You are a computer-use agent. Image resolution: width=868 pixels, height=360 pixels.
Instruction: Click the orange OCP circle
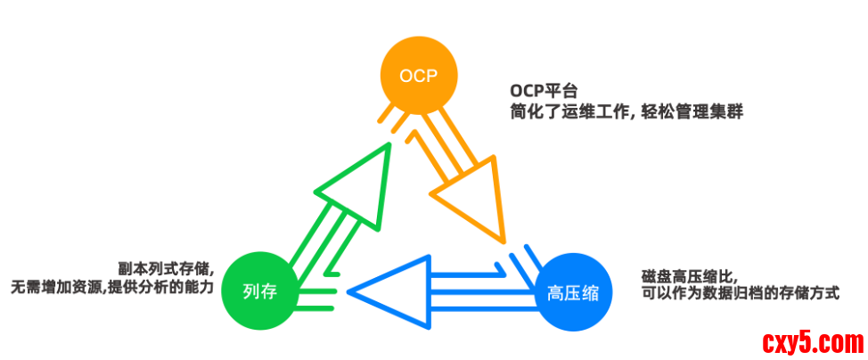pyautogui.click(x=419, y=75)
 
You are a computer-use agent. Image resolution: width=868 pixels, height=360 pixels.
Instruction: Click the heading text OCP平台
pyautogui.click(x=544, y=91)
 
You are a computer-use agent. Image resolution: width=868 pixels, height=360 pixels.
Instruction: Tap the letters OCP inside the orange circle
pyautogui.click(x=419, y=75)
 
